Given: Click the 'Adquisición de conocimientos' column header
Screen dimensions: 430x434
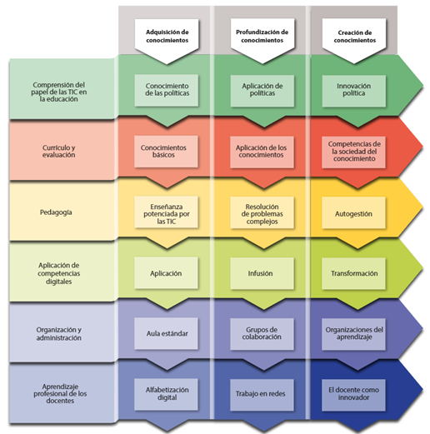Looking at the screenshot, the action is [167, 37].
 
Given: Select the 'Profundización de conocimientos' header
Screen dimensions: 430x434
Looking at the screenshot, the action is [262, 37].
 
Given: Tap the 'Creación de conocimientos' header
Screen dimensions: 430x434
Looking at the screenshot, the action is [354, 37].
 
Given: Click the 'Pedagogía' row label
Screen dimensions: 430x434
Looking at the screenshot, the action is [56, 212].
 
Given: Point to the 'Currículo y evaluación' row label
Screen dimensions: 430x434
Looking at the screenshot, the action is [58, 151].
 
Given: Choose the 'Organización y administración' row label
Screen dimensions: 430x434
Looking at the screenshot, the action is [58, 333].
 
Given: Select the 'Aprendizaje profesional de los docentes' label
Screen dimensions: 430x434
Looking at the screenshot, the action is [60, 393].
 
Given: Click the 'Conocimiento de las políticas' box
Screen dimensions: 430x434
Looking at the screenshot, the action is [167, 90].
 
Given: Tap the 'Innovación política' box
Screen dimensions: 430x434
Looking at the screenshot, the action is [354, 91].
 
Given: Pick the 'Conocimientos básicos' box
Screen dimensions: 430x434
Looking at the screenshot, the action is [166, 152].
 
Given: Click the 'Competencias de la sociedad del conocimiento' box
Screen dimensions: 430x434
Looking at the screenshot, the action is [353, 152].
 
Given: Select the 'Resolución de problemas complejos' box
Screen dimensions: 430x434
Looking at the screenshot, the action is [262, 212].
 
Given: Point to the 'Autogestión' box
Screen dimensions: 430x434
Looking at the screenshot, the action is [353, 213].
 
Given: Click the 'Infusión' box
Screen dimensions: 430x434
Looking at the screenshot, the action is [262, 273].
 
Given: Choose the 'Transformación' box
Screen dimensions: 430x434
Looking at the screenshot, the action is [353, 273].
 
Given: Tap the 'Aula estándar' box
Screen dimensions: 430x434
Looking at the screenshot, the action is [166, 333].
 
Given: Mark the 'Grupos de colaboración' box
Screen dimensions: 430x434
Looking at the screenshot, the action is [262, 334].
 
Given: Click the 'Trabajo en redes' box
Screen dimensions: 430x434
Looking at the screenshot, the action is [262, 395].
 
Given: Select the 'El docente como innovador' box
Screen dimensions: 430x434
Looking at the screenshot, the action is [353, 395].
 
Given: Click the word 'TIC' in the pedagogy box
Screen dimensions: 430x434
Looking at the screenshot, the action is [171, 222].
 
